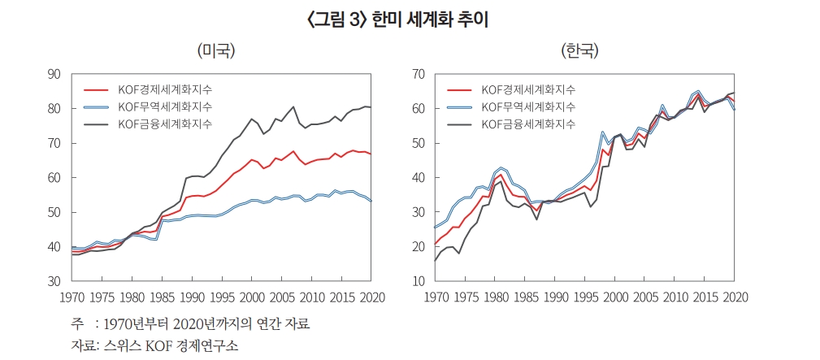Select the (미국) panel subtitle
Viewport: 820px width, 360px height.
(216, 51)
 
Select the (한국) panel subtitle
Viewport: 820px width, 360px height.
(579, 51)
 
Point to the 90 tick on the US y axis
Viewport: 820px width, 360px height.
(54, 74)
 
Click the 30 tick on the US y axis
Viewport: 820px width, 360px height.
(54, 281)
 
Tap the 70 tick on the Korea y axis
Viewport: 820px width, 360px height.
(419, 74)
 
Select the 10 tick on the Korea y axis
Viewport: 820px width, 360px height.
(419, 281)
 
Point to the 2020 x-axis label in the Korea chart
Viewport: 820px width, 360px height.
(735, 297)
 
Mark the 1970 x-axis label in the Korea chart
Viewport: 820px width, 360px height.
(436, 297)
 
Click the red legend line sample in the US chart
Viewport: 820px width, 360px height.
(96, 89)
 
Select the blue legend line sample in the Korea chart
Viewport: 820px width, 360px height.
(459, 106)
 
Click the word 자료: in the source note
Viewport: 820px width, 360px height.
(83, 345)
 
